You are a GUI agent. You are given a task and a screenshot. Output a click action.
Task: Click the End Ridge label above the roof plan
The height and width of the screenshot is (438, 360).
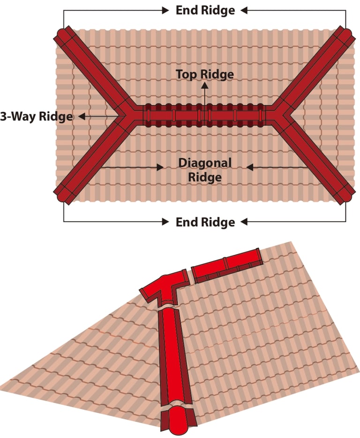coord(205,10)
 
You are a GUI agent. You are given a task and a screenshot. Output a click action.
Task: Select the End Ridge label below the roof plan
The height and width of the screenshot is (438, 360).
coord(205,221)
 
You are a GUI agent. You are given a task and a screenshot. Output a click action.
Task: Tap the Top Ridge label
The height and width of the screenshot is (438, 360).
coord(204,74)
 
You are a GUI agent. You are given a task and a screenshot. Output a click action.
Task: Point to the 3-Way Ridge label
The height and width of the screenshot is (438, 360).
coord(36,116)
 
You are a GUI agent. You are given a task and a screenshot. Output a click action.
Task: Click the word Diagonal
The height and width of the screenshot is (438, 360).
coord(205,163)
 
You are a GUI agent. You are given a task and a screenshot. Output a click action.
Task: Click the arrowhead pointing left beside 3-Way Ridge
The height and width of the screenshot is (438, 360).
coord(81,116)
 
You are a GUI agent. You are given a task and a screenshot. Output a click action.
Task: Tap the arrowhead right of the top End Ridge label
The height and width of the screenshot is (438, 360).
coord(244,10)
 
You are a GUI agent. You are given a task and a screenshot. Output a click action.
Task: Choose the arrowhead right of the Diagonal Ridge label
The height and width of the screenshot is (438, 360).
coord(249,167)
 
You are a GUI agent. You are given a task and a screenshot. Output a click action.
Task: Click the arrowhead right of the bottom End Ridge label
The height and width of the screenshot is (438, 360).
coord(244,221)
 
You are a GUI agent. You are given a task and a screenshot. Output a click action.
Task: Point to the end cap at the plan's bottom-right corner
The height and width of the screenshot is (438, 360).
coord(347,195)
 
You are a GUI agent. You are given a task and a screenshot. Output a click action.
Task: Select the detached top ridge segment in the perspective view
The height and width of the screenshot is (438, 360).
coord(227,265)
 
